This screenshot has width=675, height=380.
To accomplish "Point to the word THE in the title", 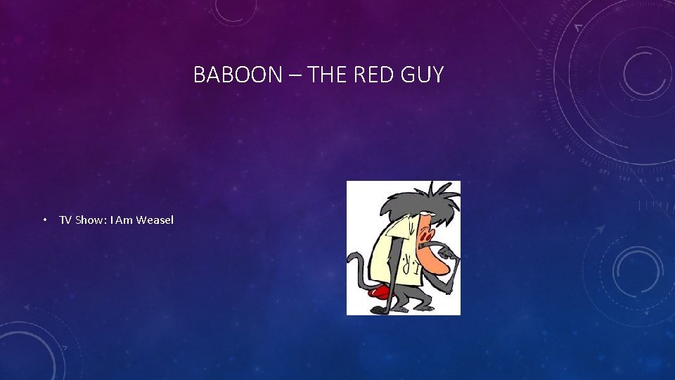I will (328, 75).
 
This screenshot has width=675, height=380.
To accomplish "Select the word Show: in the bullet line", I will (91, 220).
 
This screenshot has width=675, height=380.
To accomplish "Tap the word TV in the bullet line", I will (65, 220).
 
